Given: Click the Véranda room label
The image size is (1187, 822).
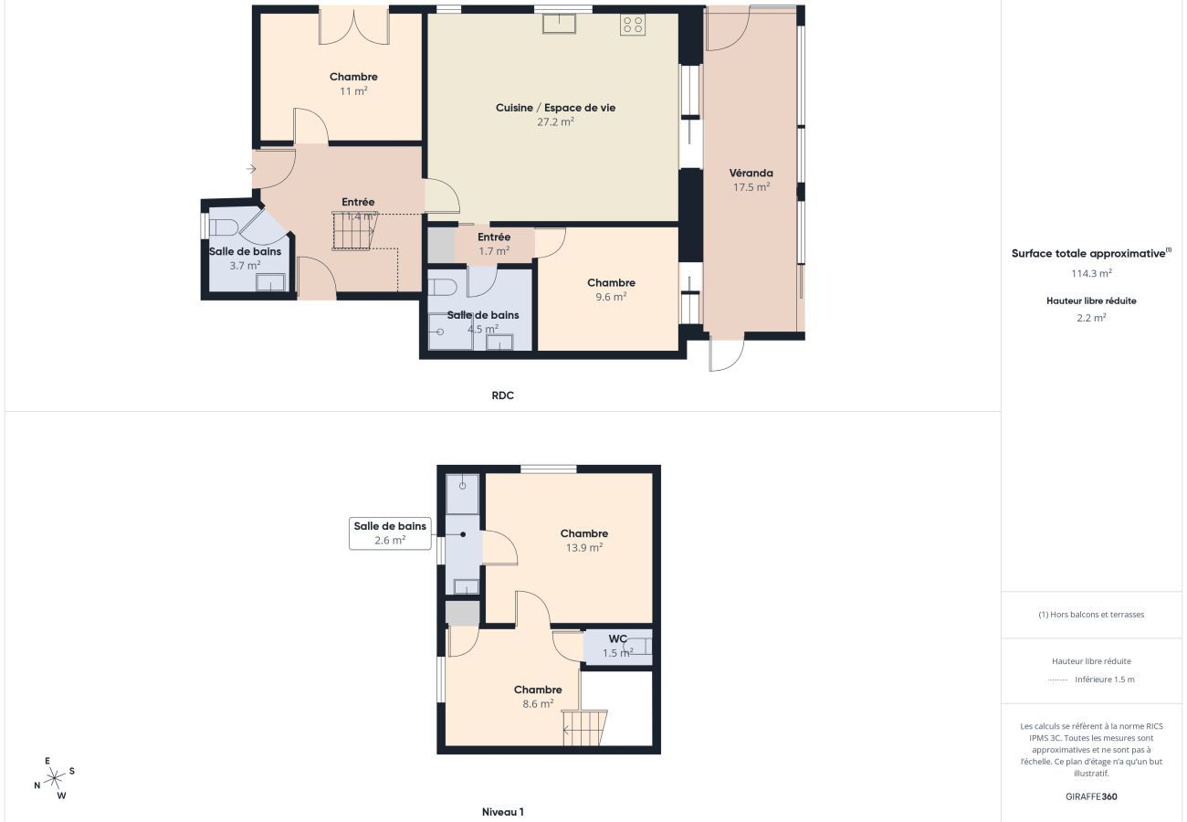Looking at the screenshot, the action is coord(751,173).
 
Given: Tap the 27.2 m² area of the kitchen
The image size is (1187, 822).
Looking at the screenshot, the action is coord(555,121).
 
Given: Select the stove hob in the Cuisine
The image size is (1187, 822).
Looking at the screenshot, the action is coord(633,25).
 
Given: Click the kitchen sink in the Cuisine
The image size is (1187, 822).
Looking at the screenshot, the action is coord(559,24).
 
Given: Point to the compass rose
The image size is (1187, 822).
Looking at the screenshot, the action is coord(54,778).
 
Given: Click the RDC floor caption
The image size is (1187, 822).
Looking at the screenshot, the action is coord(502,395).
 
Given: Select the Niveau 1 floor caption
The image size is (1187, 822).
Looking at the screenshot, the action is coord(502,811).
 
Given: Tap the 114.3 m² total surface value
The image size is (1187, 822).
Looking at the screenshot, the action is coord(1091,273).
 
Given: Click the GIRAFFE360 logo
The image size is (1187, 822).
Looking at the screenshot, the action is coord(1091,796).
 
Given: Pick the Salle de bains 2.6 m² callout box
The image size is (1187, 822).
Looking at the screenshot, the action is coord(390,533).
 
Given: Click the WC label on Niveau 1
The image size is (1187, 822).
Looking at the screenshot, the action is coord(617,638).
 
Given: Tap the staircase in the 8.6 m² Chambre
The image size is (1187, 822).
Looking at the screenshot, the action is coord(584,728).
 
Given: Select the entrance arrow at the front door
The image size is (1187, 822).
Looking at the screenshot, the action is coord(251,169).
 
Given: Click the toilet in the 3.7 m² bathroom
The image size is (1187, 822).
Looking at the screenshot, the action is coord(223,228).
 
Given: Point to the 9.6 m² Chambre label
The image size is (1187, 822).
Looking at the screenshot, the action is coord(611,290).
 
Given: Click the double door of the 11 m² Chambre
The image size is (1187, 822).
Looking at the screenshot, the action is coord(353,26).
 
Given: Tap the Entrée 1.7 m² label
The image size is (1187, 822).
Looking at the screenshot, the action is coord(494,244).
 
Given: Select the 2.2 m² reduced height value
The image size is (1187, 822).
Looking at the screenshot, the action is coord(1091,318).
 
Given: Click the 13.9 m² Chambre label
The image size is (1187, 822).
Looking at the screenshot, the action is coord(584,540).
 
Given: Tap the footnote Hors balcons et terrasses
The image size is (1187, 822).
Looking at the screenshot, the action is coord(1091,615).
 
